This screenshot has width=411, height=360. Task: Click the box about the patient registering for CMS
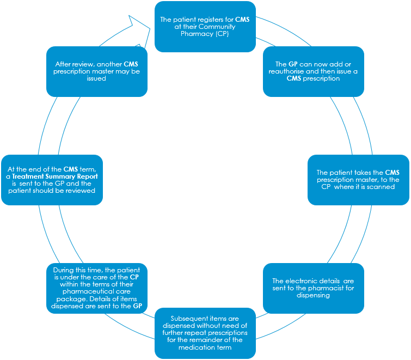pos(205,26)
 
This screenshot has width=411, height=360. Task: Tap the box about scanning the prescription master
pos(358,180)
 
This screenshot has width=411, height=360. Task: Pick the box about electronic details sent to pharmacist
pos(313,288)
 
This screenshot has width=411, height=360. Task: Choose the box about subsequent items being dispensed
pos(205,333)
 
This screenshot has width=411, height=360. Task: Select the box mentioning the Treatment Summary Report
pos(52,180)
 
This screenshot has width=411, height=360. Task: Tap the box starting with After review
pos(97,71)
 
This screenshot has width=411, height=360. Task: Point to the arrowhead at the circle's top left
pos(138,25)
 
